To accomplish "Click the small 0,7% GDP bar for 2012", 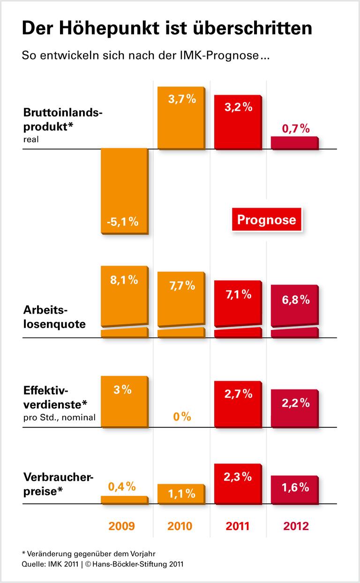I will point(294,143).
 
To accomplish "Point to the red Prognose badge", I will point(266,220).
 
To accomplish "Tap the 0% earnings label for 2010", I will point(181,416).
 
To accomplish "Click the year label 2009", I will point(121,526).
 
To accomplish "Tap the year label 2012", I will point(296,526).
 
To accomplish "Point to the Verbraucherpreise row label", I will point(58,483).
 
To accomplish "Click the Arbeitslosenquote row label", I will point(54,317).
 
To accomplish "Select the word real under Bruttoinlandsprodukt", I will point(30,139).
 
